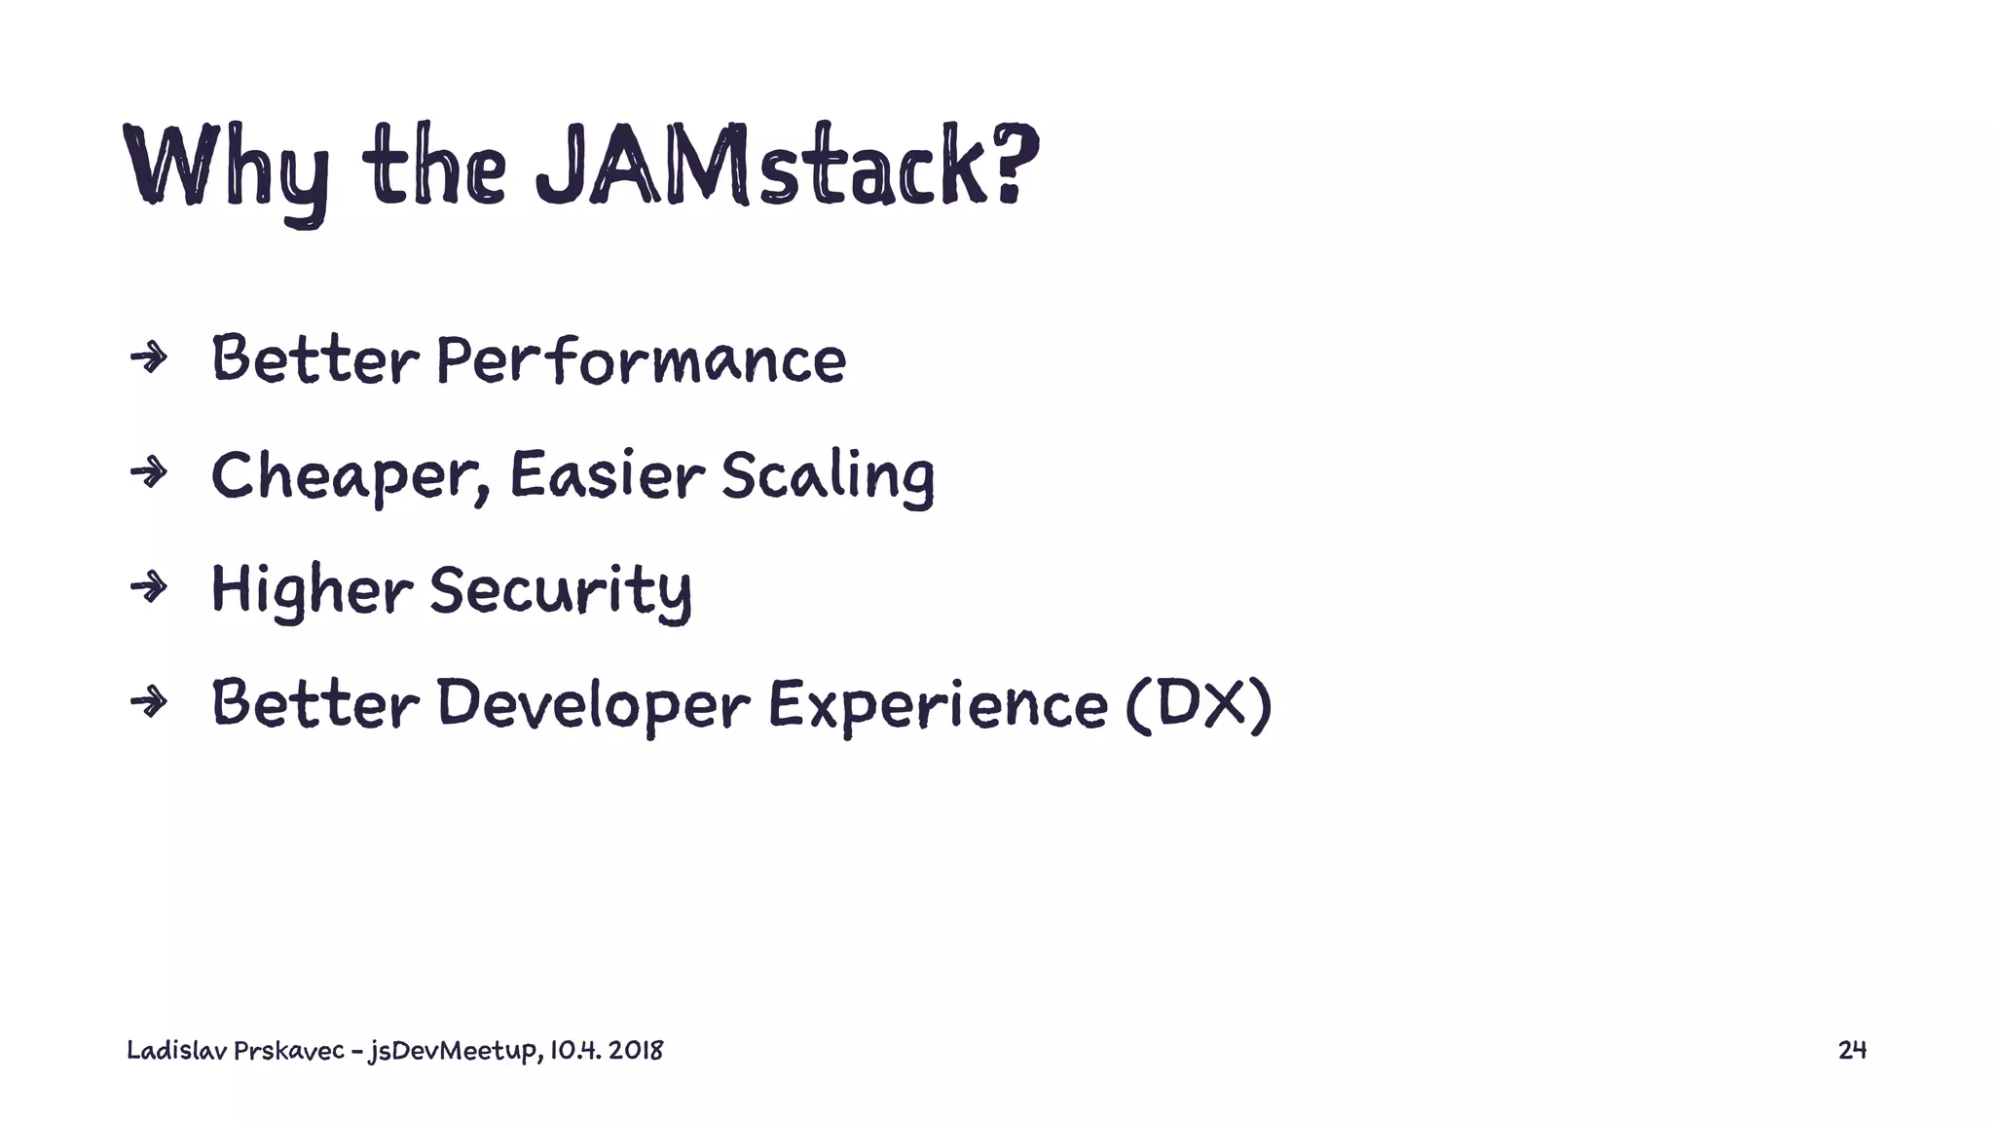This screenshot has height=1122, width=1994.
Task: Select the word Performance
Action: click(x=641, y=360)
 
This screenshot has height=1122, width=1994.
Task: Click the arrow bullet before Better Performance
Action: click(x=149, y=359)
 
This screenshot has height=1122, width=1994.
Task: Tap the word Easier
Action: click(x=606, y=475)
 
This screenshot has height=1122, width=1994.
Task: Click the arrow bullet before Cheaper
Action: click(x=149, y=473)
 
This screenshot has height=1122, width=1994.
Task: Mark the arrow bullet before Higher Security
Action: click(x=149, y=587)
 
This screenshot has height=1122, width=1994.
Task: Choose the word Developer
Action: click(x=593, y=705)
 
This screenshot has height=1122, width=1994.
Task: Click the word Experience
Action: click(x=937, y=705)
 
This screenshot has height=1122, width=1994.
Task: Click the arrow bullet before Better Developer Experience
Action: click(x=149, y=701)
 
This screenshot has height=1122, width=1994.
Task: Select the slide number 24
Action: click(x=1851, y=1050)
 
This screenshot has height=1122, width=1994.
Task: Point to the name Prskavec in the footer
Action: click(x=288, y=1051)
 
